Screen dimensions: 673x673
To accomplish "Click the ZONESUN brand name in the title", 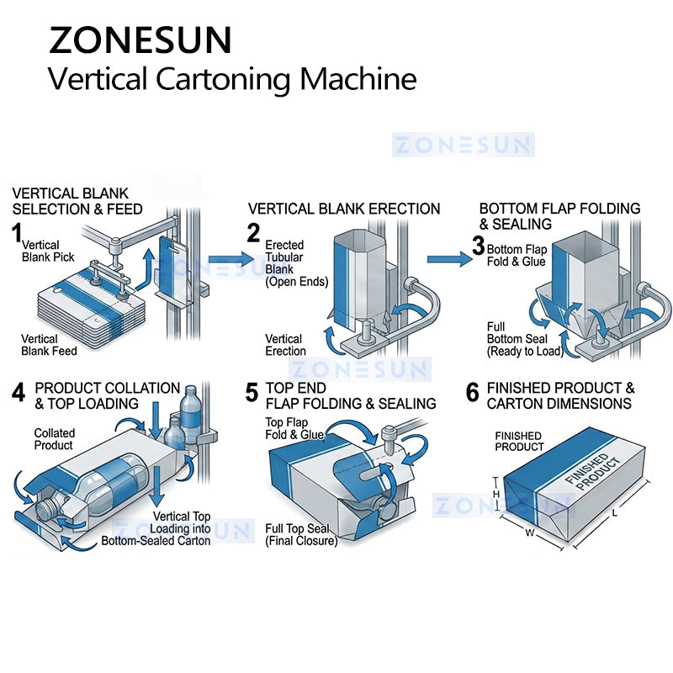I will [140, 40].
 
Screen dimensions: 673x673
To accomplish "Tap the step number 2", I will [253, 232].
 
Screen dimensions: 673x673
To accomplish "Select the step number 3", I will [478, 246].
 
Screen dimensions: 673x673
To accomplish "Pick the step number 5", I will [252, 393].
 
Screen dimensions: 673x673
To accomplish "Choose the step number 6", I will [472, 393].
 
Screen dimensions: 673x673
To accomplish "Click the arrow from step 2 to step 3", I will [449, 259].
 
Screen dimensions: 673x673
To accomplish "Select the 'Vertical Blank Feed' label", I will [49, 345].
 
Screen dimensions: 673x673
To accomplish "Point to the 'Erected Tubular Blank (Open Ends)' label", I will [296, 263].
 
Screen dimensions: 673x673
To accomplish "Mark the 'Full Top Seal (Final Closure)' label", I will [300, 535].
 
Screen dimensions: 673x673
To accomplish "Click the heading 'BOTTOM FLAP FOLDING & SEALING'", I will [559, 216].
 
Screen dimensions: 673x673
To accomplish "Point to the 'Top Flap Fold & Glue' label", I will [295, 428].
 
